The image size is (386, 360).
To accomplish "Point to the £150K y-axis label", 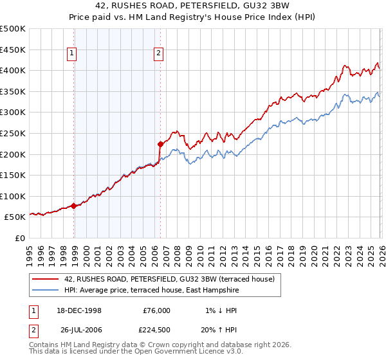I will (x=13, y=175).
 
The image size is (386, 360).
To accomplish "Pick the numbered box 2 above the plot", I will (x=158, y=54).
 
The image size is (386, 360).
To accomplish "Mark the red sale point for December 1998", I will (x=74, y=206).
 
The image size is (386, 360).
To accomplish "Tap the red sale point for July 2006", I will (x=160, y=144).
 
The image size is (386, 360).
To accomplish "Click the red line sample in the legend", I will (x=45, y=279).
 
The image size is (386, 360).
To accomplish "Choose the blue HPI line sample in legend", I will (x=45, y=290).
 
